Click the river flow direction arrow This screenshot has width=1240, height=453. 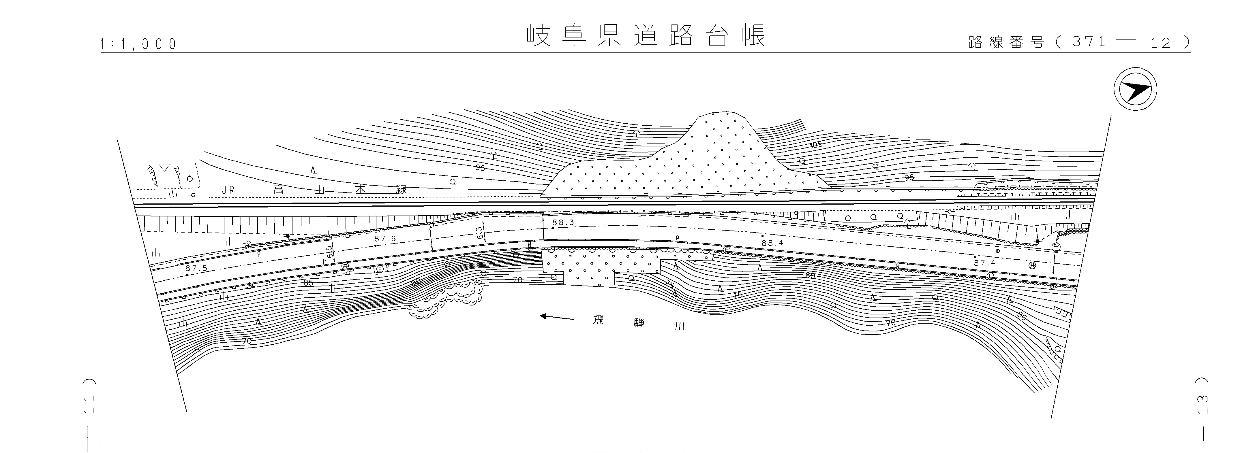coord(557,317)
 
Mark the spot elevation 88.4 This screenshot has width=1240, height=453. coord(773,243)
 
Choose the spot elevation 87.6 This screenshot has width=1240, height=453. coord(384,239)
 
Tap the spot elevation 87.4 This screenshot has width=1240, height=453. coord(984,263)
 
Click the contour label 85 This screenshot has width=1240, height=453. coord(309,283)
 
